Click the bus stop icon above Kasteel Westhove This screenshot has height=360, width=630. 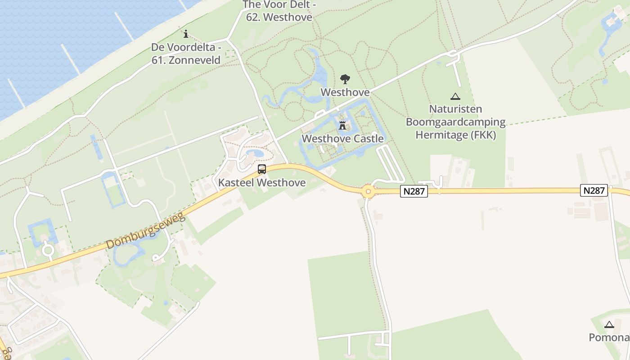261,169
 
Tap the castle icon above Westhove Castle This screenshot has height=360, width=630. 342,125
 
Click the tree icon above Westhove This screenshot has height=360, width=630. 345,79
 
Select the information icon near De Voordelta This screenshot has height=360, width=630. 186,34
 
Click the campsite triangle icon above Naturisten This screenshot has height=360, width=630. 455,96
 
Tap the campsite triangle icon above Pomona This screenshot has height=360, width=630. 609,324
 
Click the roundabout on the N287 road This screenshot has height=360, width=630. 369,192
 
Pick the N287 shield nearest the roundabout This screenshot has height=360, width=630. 414,191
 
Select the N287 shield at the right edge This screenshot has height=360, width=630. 594,190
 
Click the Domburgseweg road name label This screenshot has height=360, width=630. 146,232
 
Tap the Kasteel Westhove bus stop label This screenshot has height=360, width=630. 262,183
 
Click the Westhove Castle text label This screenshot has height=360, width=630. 342,139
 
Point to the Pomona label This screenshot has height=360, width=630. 609,337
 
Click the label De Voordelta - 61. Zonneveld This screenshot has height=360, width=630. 186,54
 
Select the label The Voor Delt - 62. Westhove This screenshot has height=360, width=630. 279,11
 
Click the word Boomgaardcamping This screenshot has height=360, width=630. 455,122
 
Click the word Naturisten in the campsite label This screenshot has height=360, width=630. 455,109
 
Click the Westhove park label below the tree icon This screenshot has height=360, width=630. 345,92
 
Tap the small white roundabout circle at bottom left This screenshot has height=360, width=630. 48,250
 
